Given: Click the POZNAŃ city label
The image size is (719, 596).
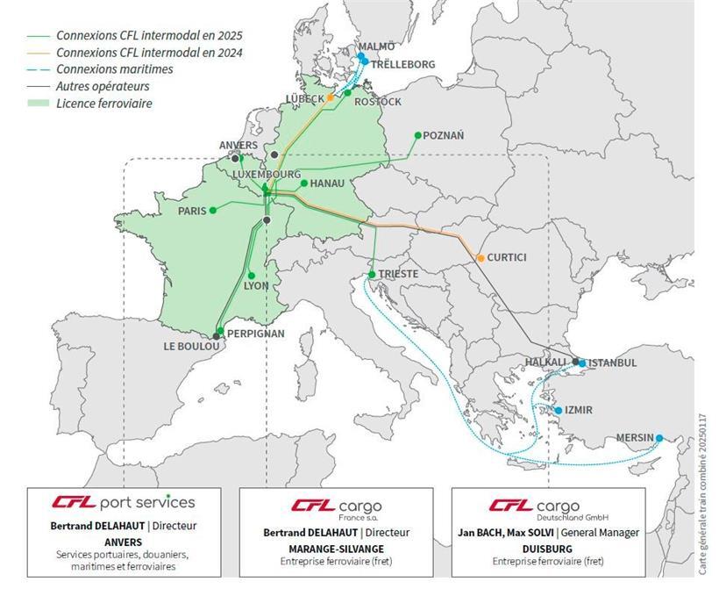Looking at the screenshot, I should point(444,135).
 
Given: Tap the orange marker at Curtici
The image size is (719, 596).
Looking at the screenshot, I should point(480,258).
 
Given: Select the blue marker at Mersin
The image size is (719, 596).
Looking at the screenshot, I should point(659,438).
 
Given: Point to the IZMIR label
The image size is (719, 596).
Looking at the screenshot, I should point(579,410).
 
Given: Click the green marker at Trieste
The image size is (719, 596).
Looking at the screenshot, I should point(373,275).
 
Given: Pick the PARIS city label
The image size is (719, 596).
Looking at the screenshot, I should point(191,211).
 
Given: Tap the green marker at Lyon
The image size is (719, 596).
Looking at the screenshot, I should point(252,275).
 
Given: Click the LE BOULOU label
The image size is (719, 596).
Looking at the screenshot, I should point(188,347).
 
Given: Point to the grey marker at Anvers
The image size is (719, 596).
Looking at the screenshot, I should point(235,158).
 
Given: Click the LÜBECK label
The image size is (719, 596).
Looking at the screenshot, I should point(304,98).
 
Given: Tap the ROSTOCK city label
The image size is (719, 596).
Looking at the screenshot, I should point(378,102).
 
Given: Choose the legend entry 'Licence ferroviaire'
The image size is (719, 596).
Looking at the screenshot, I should point(103,104).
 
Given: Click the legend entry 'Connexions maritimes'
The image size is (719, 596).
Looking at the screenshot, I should point(114,69).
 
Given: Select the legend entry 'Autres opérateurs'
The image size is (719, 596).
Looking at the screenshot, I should point(103,86).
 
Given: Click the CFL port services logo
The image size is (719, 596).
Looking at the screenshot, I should point(123,503).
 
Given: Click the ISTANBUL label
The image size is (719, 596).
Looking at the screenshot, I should point(613,363).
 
